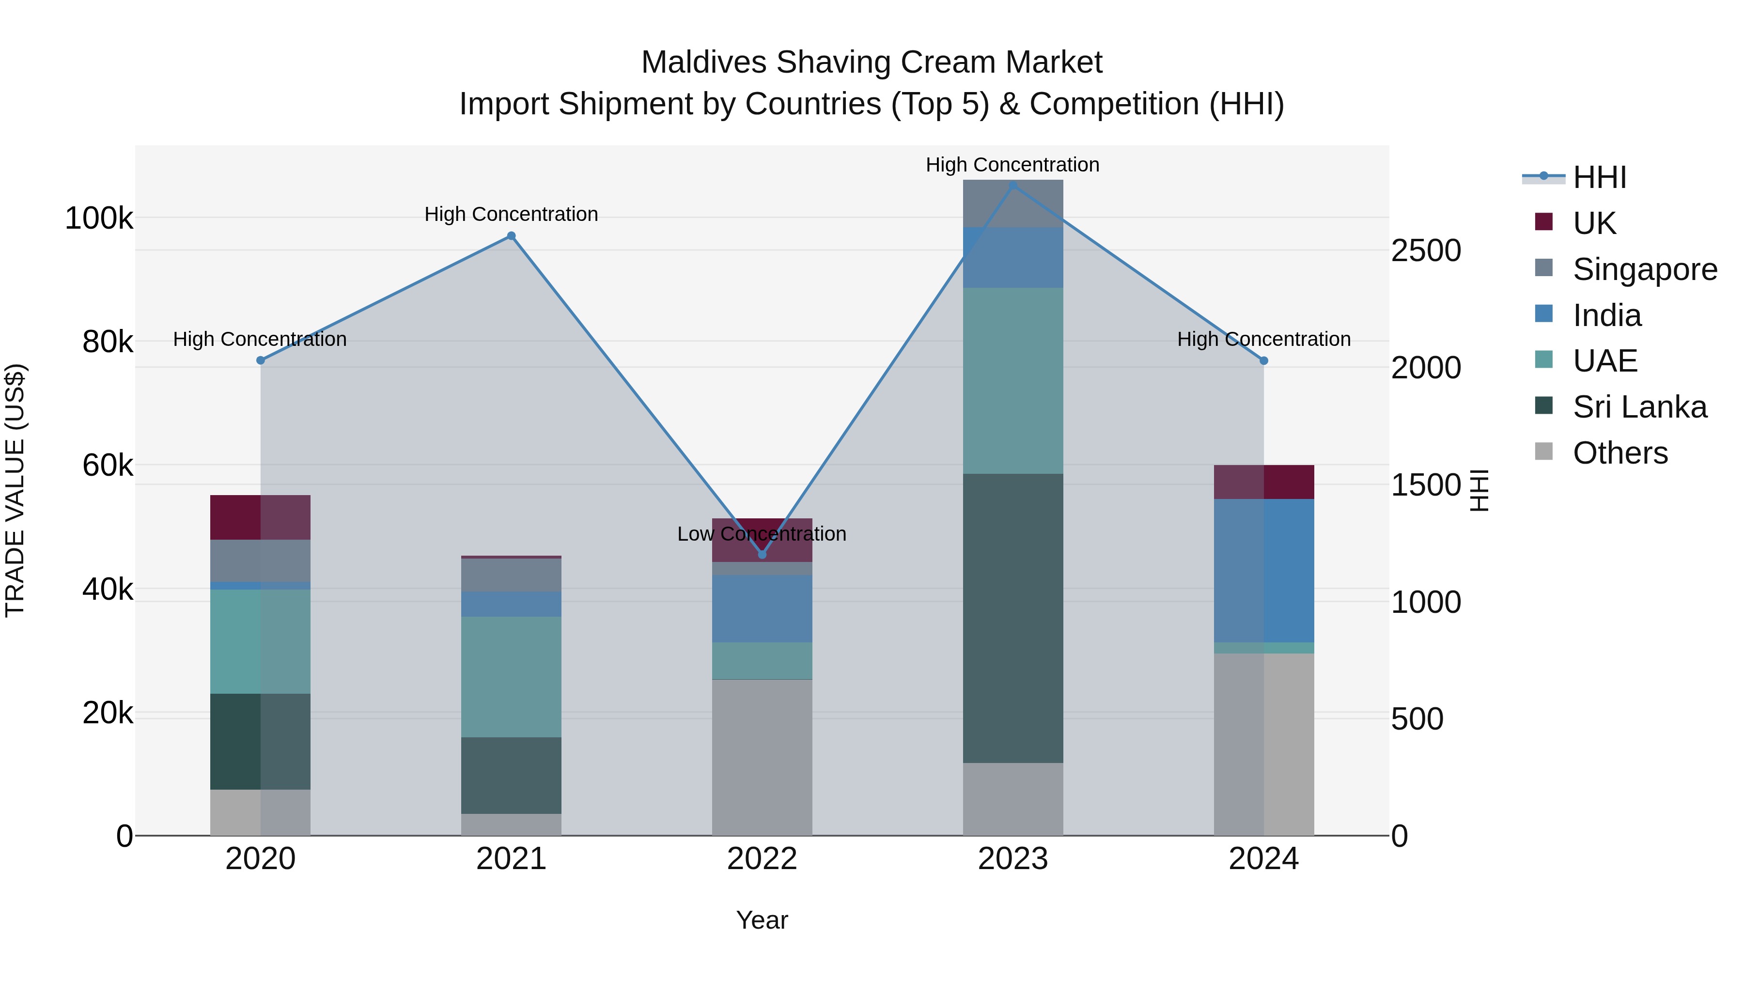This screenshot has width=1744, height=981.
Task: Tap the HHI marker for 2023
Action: [1013, 186]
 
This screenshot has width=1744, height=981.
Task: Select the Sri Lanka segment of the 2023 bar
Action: [1013, 618]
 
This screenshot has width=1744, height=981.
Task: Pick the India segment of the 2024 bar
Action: [1263, 570]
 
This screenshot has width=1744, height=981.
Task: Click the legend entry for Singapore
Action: [1645, 269]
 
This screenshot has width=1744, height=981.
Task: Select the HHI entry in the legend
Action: [1599, 177]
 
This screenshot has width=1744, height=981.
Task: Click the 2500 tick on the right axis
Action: [1426, 250]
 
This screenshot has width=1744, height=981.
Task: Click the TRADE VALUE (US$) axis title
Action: [15, 490]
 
